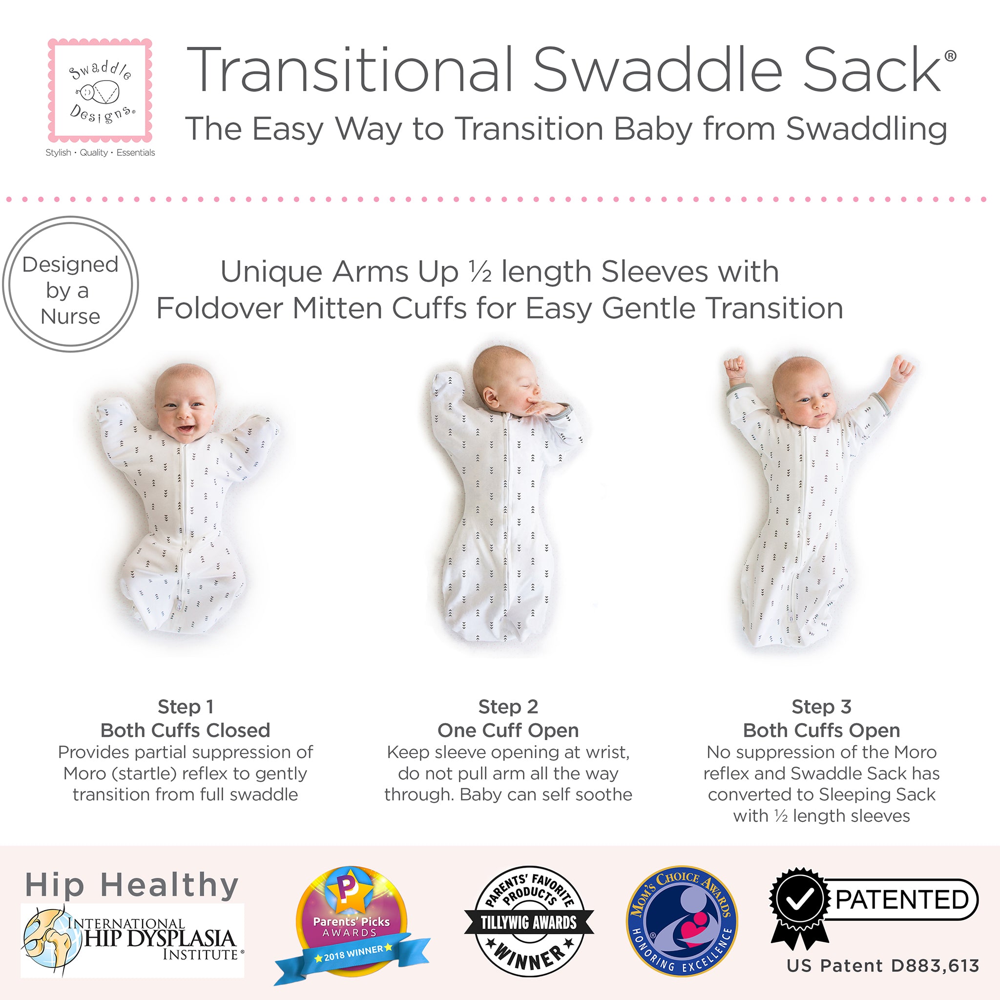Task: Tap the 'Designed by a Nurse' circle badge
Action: [x=70, y=284]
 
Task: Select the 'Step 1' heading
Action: [x=185, y=707]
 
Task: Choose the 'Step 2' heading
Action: [x=508, y=707]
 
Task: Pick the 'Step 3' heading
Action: [x=821, y=707]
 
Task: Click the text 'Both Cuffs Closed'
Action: [x=185, y=730]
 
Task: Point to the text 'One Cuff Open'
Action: [x=508, y=730]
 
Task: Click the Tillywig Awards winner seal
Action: [x=529, y=921]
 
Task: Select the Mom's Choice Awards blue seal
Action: [x=682, y=921]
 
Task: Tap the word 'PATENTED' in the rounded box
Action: [x=902, y=899]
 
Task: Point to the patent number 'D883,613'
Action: [x=935, y=966]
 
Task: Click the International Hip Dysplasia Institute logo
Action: [x=132, y=939]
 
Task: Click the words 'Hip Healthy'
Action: [x=132, y=885]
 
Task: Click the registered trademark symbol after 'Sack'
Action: [x=950, y=56]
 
